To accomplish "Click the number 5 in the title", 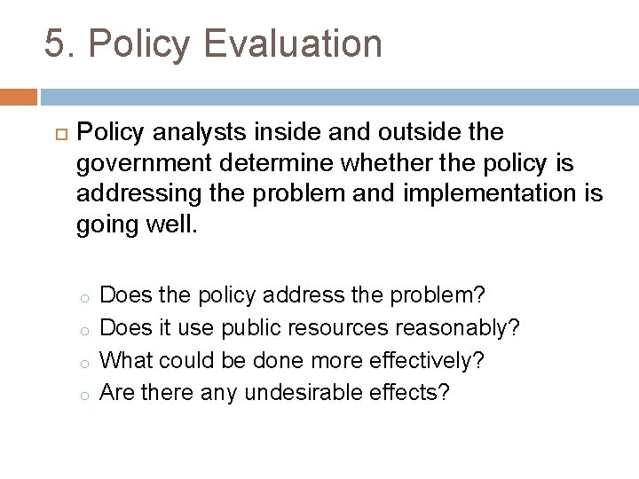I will pyautogui.click(x=56, y=44).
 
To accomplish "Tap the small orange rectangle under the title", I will pyautogui.click(x=18, y=97).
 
